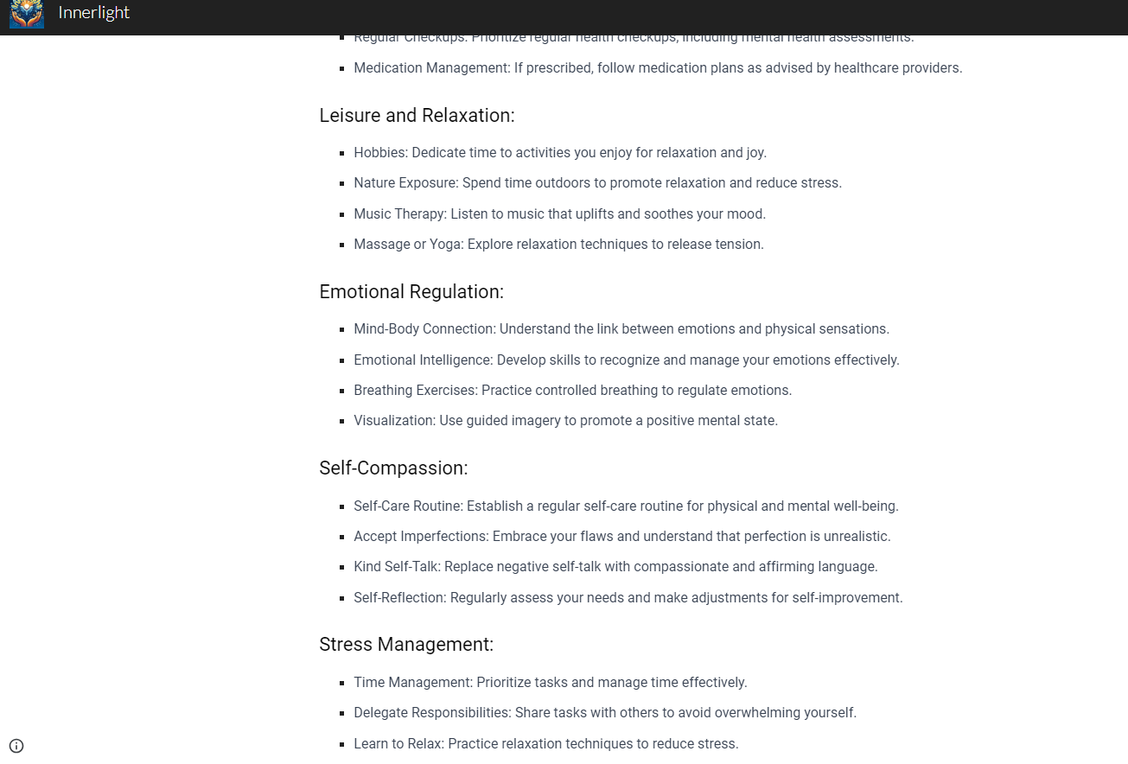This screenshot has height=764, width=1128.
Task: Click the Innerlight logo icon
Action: click(x=27, y=14)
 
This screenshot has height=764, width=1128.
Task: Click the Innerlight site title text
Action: click(x=94, y=13)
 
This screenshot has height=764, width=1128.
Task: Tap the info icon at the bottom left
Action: click(x=16, y=746)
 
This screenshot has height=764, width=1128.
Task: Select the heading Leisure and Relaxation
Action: click(x=417, y=116)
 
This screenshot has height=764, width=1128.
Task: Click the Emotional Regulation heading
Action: click(x=411, y=292)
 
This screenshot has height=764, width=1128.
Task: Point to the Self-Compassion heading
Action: click(x=393, y=468)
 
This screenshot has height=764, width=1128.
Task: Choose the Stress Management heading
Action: click(x=406, y=645)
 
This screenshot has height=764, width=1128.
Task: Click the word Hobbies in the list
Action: click(x=379, y=153)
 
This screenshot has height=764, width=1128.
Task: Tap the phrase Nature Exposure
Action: click(x=405, y=183)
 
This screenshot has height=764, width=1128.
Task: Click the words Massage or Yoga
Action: click(x=407, y=245)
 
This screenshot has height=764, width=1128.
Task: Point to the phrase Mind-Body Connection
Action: click(x=424, y=329)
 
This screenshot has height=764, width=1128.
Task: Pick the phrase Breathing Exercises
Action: click(x=414, y=391)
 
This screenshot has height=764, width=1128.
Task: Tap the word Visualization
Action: click(x=393, y=421)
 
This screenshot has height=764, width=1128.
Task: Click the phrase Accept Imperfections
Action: click(x=419, y=537)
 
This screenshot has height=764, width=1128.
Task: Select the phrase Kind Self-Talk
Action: click(x=396, y=567)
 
